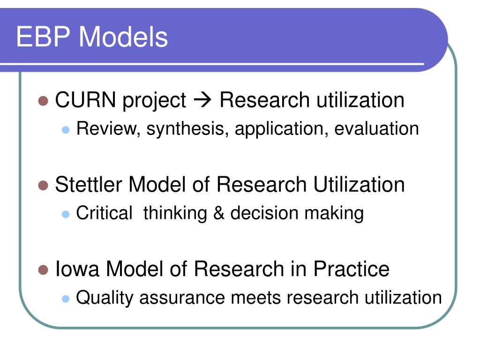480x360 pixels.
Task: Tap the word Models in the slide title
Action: [x=123, y=37]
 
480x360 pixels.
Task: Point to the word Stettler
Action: [x=89, y=184]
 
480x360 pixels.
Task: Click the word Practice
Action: [x=352, y=269]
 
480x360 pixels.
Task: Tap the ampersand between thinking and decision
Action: [x=218, y=213]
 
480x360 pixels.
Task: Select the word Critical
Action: [x=104, y=213]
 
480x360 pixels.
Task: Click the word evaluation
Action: [x=376, y=129]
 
